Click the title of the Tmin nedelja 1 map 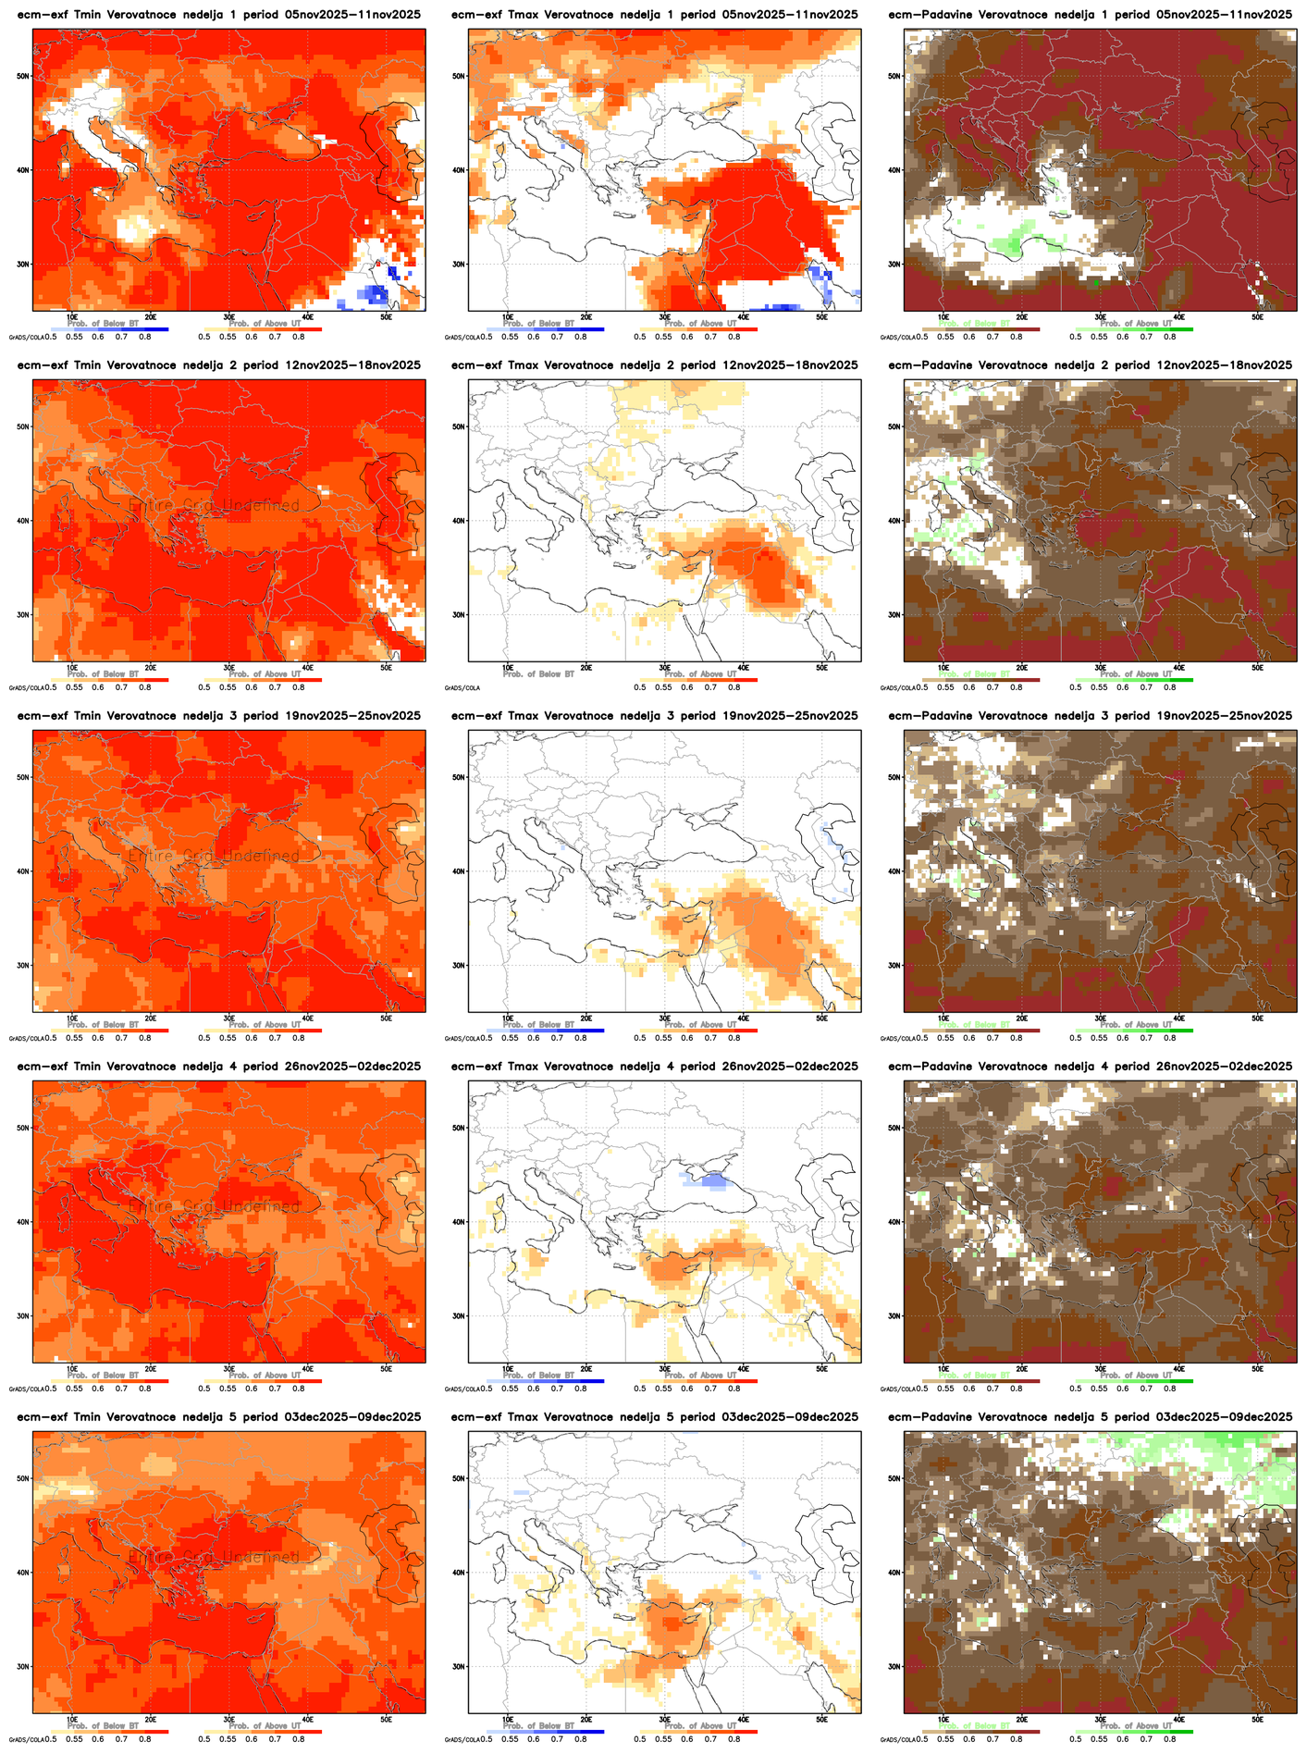pos(218,15)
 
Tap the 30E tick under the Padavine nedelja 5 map pos(1101,1719)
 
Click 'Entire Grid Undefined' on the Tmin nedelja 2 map pos(215,506)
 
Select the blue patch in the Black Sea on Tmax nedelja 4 pos(711,1180)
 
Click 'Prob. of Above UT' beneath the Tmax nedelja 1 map pos(700,324)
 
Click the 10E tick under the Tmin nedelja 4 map pos(72,1368)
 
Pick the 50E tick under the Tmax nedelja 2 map pos(821,667)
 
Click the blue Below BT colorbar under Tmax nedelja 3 pos(546,1031)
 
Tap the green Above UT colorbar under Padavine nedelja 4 pos(1134,1381)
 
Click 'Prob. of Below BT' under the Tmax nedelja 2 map pos(538,674)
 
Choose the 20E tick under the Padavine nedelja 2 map pos(1022,667)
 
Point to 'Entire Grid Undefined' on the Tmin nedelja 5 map pos(215,1558)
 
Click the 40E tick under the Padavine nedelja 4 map pos(1179,1368)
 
